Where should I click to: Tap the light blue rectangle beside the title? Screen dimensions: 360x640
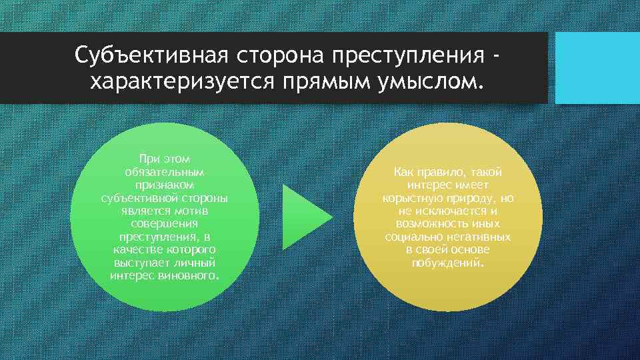tap(597, 68)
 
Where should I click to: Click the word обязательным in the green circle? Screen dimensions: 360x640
tap(164, 171)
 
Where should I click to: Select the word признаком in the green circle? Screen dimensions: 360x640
tap(164, 185)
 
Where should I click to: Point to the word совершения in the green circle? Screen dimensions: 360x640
tap(164, 224)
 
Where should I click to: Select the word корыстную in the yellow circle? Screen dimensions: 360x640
tap(409, 198)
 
